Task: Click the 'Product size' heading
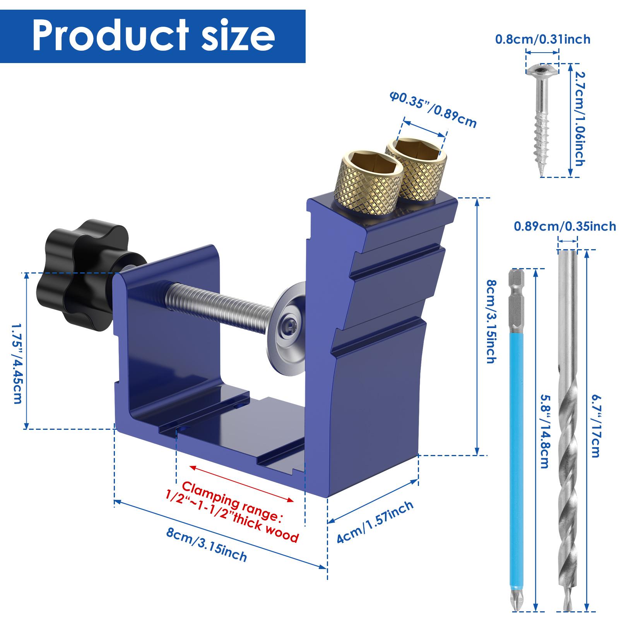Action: tap(153, 36)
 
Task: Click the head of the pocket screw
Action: tap(542, 70)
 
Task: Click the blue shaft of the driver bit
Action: tap(514, 426)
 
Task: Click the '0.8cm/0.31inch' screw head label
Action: tap(543, 39)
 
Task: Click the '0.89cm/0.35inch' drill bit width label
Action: tap(565, 226)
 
